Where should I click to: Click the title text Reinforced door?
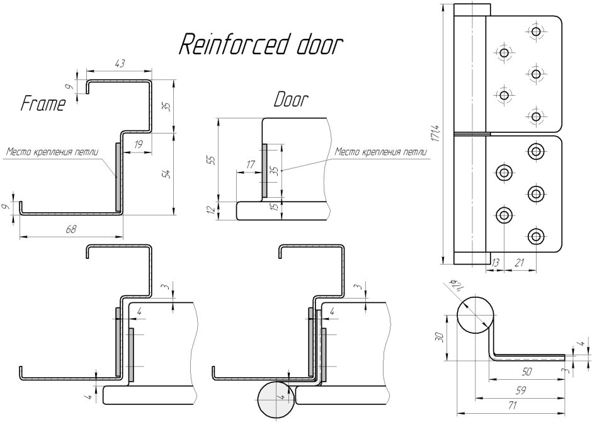coord(261,45)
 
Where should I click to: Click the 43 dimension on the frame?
coord(118,63)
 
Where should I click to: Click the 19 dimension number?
coord(138,145)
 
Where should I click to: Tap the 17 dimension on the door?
coord(251,165)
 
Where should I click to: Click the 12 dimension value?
coord(211,210)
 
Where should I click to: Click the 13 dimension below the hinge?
coord(495,261)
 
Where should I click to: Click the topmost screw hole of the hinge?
coord(536,31)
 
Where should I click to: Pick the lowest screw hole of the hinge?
coord(536,236)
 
